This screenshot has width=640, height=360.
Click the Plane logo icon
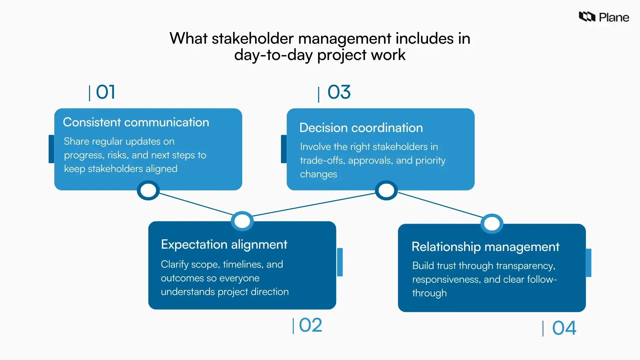587,17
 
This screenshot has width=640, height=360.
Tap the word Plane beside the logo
614,17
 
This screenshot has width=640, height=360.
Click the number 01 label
105,92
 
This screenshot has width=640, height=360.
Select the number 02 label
310,325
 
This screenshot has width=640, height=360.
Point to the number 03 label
339,92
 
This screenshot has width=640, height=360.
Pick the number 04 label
564,328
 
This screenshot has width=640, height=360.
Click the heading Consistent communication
136,122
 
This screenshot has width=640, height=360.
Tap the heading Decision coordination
361,128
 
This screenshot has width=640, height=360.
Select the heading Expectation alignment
224,244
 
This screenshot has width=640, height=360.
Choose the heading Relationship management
485,247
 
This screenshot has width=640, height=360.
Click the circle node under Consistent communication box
148,190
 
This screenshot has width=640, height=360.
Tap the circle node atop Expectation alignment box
242,221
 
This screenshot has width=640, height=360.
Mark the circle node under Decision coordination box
386,190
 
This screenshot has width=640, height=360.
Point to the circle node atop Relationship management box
492,223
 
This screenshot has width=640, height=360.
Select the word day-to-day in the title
273,55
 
